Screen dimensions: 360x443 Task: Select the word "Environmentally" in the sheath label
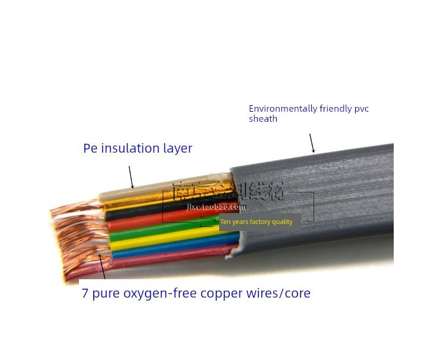283,109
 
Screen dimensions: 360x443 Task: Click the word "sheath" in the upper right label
262,119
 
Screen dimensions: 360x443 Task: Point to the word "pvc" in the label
362,109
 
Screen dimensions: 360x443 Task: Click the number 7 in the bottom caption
85,293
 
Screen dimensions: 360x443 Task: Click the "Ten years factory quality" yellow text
257,222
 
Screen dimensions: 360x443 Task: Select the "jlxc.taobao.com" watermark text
216,207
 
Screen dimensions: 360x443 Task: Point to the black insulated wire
148,212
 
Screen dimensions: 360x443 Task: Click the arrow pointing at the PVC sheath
311,143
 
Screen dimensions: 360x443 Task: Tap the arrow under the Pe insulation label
131,177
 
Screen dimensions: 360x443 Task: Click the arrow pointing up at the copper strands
102,266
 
